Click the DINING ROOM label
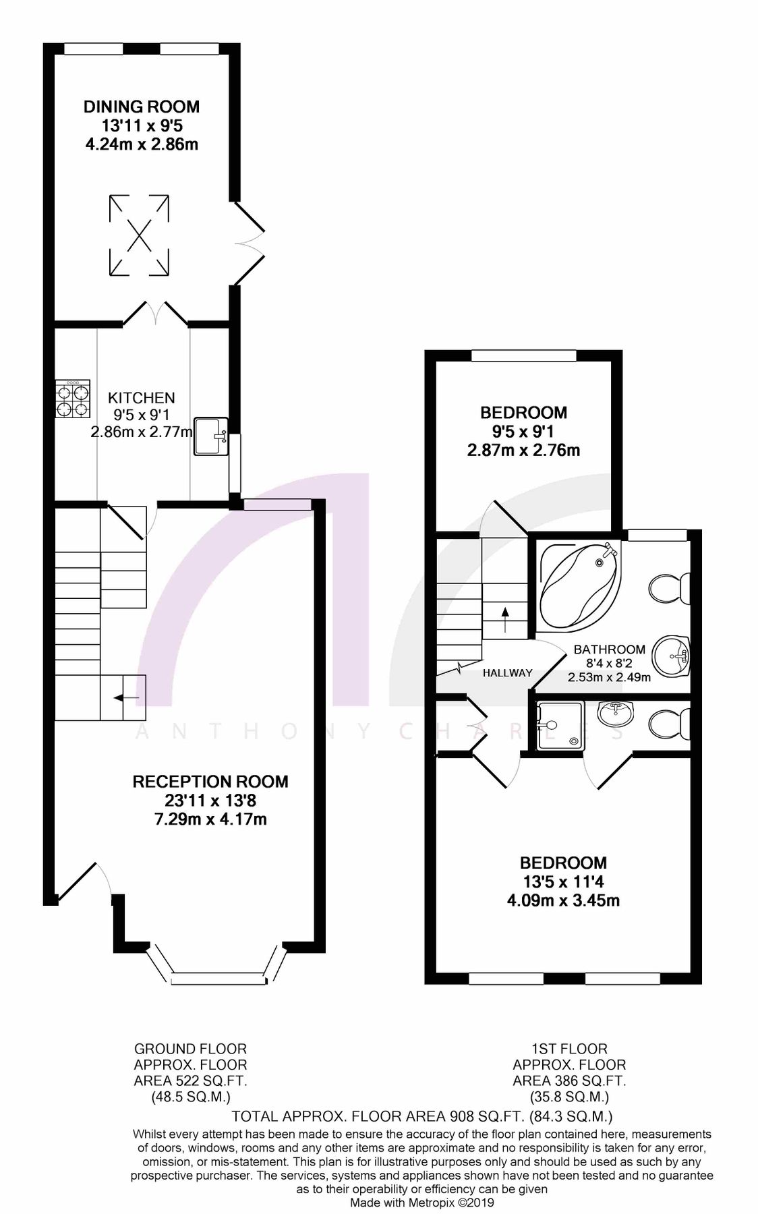142,107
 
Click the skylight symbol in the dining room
139,235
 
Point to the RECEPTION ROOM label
210,782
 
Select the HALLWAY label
507,672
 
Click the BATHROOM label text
609,649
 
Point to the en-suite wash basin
616,715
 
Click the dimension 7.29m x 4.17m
210,820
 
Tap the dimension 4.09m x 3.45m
563,900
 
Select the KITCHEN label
142,398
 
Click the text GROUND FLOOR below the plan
191,1049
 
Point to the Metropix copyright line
421,1203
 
